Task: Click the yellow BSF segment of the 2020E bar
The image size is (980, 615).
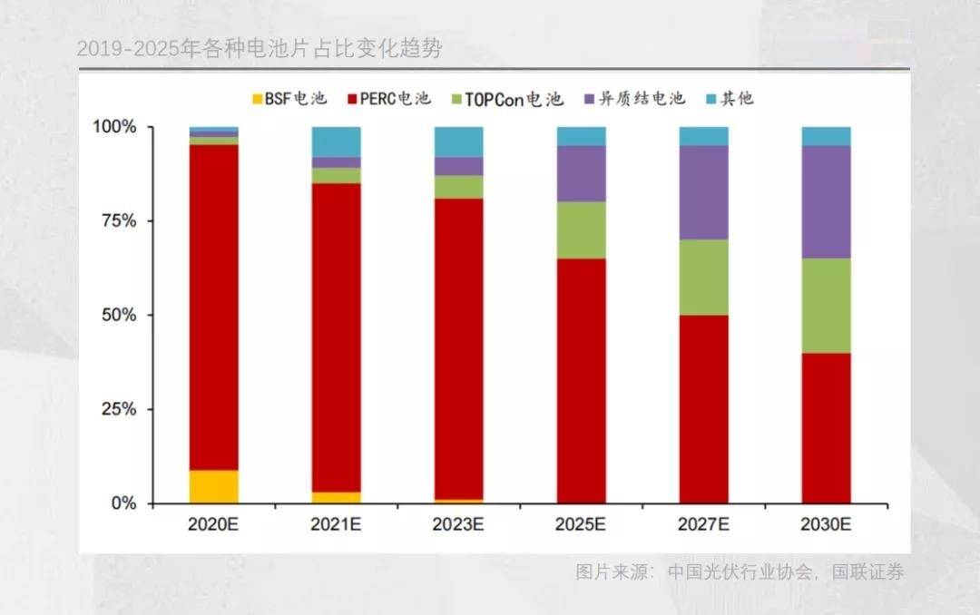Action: coord(213,486)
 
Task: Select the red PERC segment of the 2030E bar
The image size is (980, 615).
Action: coord(826,428)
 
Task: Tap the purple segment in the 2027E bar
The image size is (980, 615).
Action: coord(703,192)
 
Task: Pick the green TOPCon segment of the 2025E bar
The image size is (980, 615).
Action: coord(581,229)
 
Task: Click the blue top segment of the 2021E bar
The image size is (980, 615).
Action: coord(336,142)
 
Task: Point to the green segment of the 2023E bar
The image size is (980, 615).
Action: coord(458,187)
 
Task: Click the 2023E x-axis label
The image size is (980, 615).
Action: coord(458,524)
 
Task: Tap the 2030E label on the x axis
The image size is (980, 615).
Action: coord(826,524)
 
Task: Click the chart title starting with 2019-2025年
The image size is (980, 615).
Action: coord(260,49)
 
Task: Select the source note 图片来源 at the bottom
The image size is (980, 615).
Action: coord(740,572)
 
